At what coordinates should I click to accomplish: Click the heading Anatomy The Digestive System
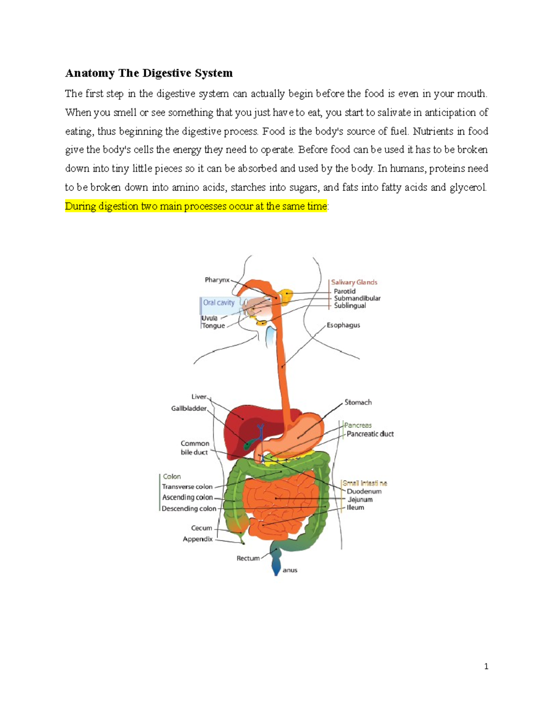tap(149, 73)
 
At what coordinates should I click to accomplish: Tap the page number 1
tap(486, 666)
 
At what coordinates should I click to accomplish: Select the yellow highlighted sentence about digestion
tap(196, 206)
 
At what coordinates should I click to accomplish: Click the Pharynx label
tap(217, 280)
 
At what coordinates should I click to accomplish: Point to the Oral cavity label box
tap(219, 302)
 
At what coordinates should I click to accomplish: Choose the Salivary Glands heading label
tap(354, 282)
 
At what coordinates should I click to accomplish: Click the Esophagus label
tap(343, 325)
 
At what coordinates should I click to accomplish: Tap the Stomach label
tap(358, 402)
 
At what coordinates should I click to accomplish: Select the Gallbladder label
tap(189, 408)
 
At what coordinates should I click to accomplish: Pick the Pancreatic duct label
tap(370, 434)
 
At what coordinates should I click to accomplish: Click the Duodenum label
tap(364, 491)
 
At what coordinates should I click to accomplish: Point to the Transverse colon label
tap(187, 487)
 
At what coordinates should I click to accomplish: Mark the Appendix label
tap(198, 539)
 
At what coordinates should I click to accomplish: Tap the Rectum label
tap(248, 558)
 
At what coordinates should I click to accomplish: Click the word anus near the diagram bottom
tap(290, 570)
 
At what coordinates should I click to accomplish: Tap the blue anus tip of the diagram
tap(276, 569)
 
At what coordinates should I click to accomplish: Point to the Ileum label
tap(355, 508)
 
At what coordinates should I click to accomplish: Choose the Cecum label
tap(202, 528)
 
